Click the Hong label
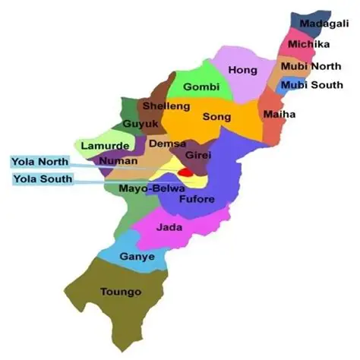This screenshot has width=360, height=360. (243, 70)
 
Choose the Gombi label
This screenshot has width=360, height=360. (201, 87)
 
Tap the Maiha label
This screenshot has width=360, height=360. (279, 115)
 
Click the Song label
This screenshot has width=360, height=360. (216, 117)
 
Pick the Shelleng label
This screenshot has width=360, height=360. (161, 106)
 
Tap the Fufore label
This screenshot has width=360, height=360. (197, 200)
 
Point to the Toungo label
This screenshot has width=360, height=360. (122, 291)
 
